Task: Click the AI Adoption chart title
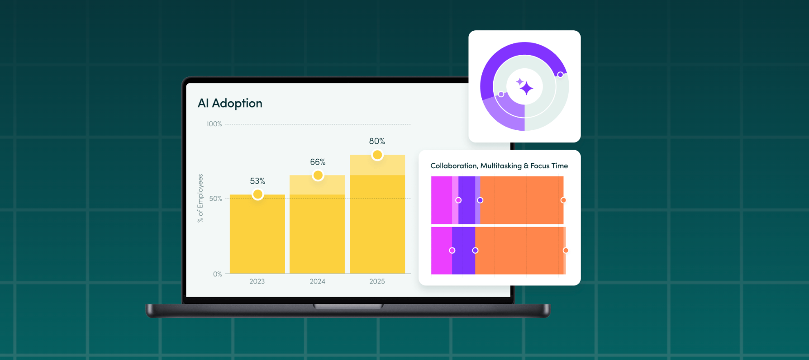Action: click(230, 104)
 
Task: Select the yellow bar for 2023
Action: click(257, 235)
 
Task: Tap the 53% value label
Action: click(257, 181)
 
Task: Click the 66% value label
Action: click(318, 162)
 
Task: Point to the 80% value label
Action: click(377, 141)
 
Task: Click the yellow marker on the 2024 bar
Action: click(318, 175)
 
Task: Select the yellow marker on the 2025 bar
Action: click(377, 155)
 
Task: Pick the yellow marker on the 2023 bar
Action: click(257, 194)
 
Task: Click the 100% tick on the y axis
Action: click(214, 124)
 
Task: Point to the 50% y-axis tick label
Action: click(215, 199)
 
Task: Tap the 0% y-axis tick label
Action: click(217, 274)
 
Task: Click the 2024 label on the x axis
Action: click(317, 281)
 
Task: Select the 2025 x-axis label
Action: click(377, 281)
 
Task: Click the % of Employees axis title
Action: click(200, 198)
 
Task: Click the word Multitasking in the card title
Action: click(501, 166)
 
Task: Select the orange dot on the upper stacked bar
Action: click(563, 200)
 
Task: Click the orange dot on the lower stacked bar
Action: click(566, 251)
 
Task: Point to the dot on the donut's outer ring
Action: click(560, 75)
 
